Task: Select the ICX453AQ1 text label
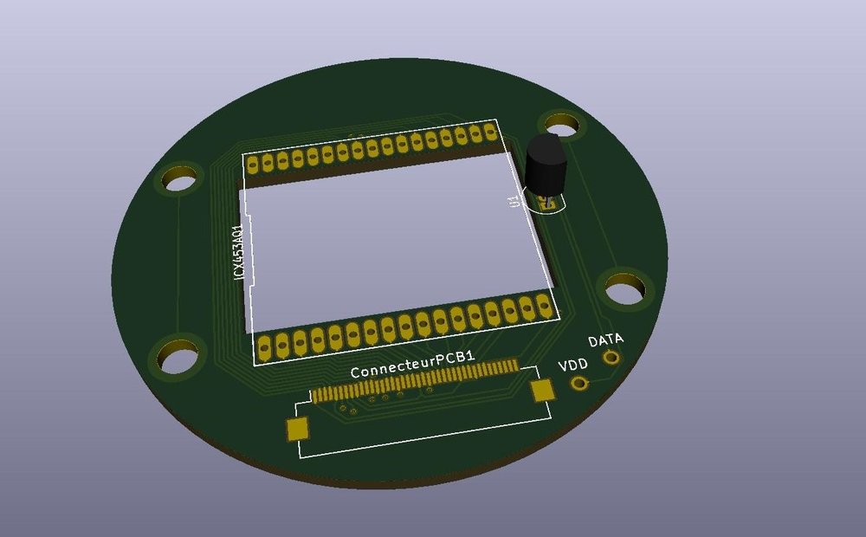(x=239, y=253)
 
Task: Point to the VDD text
(x=573, y=366)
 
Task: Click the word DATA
(x=606, y=340)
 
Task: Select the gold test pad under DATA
(x=611, y=357)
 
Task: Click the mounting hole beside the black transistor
(x=559, y=124)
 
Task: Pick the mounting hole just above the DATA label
(x=624, y=288)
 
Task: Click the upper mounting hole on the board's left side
(x=180, y=180)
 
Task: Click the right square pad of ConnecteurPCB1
(x=543, y=391)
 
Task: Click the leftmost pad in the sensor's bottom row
(x=265, y=348)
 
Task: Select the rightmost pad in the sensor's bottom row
(x=543, y=305)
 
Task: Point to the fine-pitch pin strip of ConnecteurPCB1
(x=416, y=382)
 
